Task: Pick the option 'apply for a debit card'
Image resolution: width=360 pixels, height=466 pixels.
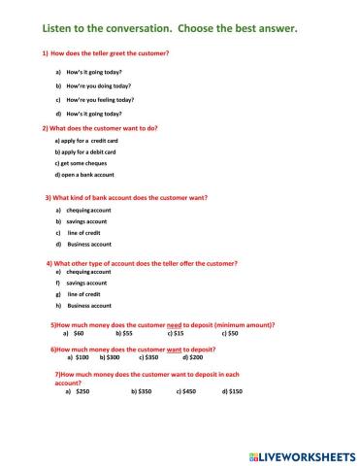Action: (x=88, y=151)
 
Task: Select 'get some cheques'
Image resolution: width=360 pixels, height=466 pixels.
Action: (x=83, y=163)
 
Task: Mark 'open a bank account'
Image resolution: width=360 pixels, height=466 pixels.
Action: (x=88, y=175)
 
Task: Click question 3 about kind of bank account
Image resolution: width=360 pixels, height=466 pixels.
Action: (x=126, y=197)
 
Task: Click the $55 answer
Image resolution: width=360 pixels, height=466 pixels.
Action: (x=127, y=333)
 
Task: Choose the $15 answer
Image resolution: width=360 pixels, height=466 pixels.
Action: (x=179, y=333)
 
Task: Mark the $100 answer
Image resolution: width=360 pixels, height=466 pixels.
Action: (x=82, y=356)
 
